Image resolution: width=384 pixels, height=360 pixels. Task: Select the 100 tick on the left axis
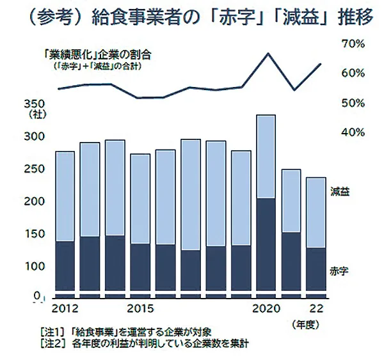(x=34, y=266)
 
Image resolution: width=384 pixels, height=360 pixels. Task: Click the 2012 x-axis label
(x=64, y=309)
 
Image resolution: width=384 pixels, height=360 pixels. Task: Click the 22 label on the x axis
(x=316, y=309)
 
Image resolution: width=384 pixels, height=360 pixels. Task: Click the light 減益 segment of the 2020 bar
(x=266, y=157)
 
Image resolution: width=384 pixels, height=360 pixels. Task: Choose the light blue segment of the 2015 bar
(x=140, y=198)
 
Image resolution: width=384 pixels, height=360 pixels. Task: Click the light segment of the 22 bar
(x=316, y=212)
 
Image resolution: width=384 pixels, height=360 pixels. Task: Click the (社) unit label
(x=33, y=115)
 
